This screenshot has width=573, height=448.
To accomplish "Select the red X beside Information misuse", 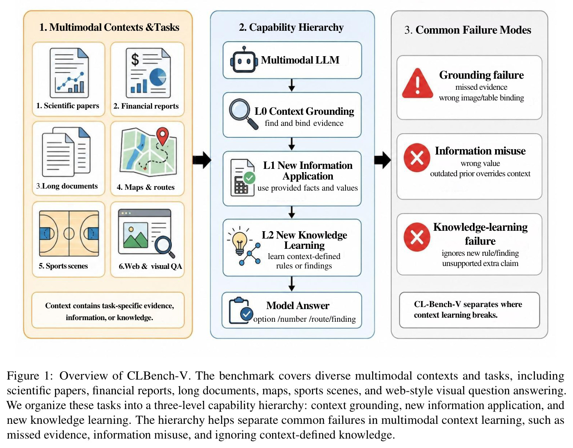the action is click(x=417, y=158).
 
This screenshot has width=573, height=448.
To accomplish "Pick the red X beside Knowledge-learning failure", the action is click(x=417, y=237).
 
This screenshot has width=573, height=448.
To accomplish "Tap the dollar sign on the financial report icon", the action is click(x=135, y=59).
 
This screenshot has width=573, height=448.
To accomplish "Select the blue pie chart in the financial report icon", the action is click(x=158, y=77).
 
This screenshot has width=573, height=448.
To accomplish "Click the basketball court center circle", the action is click(x=69, y=234).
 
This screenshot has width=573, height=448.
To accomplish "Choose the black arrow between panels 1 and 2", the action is click(x=202, y=160).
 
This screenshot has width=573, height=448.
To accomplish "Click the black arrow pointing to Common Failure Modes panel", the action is click(x=383, y=160).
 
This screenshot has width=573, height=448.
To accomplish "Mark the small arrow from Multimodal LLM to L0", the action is click(x=292, y=85).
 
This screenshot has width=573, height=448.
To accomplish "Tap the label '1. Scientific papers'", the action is click(x=68, y=106).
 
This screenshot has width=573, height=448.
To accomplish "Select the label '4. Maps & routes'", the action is click(x=146, y=187).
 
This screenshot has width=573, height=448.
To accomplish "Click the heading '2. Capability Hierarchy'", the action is click(x=291, y=27).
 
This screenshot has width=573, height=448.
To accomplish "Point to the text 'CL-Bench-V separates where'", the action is click(x=468, y=304).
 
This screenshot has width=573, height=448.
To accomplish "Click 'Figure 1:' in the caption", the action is click(x=30, y=375).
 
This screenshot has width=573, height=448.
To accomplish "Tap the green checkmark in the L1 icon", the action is click(x=249, y=178).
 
